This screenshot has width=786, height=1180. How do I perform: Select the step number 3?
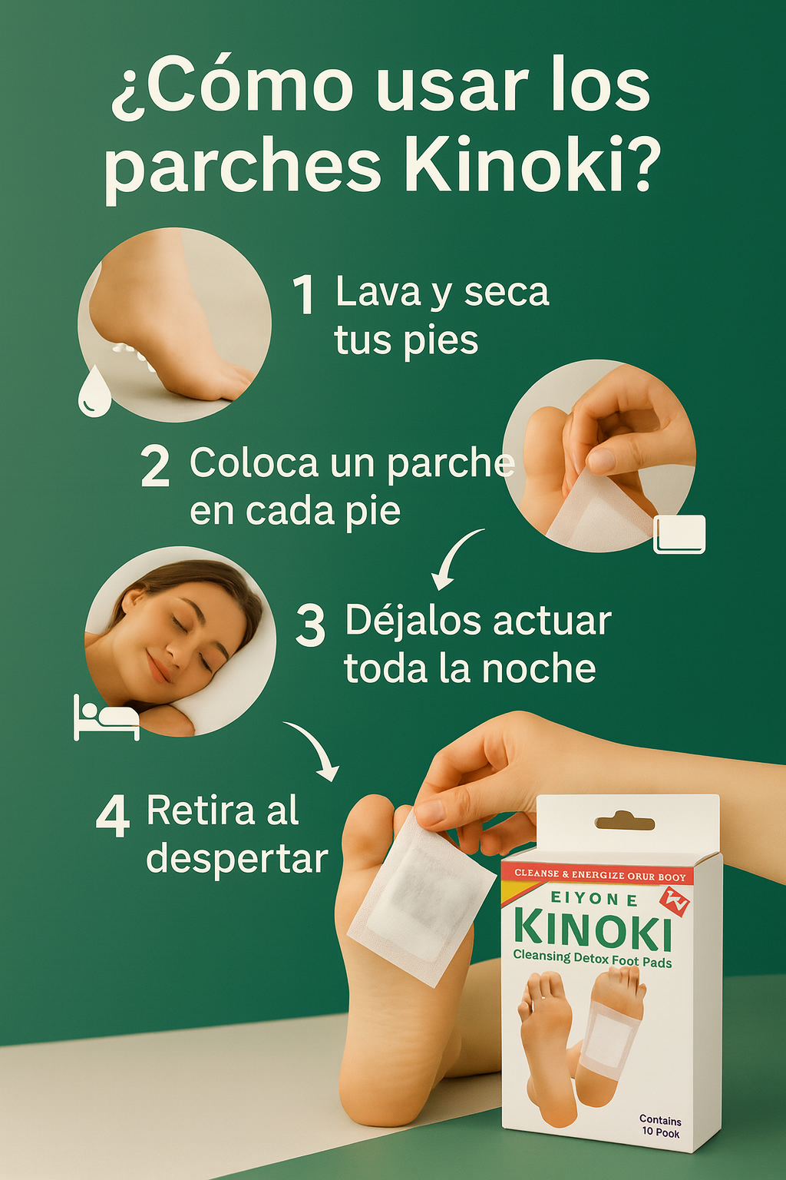[310, 625]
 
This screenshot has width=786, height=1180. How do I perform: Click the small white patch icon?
[679, 534]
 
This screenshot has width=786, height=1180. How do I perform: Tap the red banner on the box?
[597, 876]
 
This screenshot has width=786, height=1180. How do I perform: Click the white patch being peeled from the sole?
[421, 897]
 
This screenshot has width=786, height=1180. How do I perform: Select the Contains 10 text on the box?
[661, 1126]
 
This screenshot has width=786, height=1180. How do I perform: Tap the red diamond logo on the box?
[675, 902]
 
